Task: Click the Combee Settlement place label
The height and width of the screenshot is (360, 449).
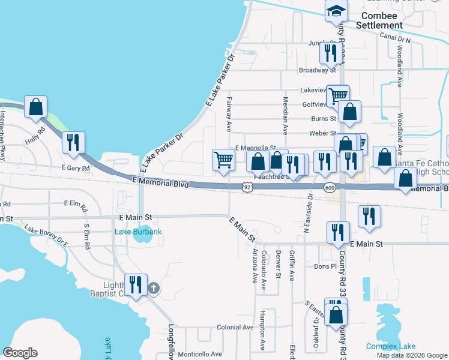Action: pos(379,20)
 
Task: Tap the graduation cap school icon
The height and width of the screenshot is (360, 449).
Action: pos(337,10)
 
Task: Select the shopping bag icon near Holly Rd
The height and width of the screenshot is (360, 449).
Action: pos(36,107)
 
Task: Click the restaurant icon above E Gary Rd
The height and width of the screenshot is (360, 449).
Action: pos(73,143)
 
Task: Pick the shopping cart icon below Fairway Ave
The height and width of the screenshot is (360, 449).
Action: pos(223,160)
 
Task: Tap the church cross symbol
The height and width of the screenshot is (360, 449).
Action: pos(153,289)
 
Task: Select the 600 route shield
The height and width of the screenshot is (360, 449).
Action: pos(330,188)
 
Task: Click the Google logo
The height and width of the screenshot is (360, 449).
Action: pos(20,353)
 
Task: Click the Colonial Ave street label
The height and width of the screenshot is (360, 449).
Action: pos(235,328)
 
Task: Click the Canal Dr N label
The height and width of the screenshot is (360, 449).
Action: pos(395,37)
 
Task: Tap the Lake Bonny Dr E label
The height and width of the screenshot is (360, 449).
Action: pos(46,236)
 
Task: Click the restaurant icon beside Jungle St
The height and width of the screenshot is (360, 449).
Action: pos(330,53)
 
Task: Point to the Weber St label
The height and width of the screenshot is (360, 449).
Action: pos(322,133)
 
